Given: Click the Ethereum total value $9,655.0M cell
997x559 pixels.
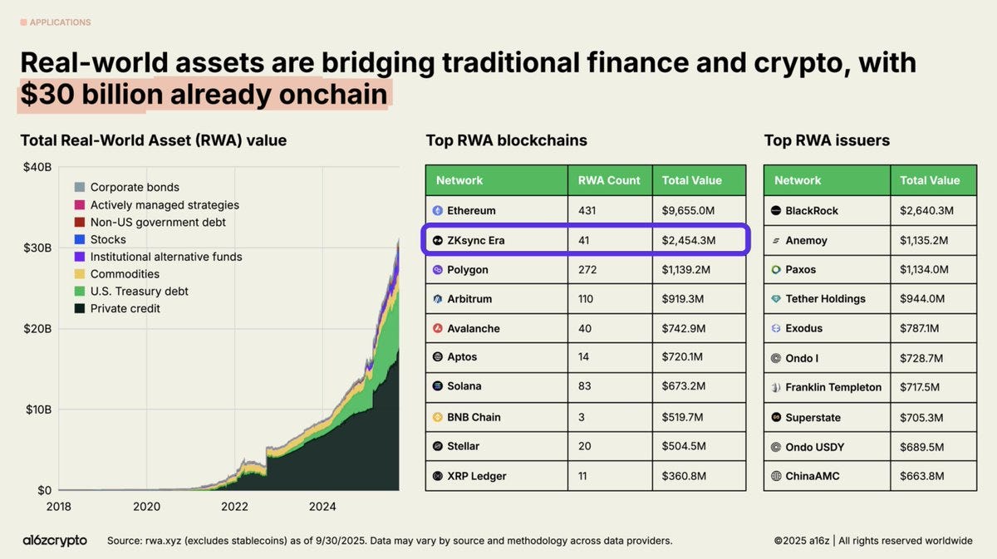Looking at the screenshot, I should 687,211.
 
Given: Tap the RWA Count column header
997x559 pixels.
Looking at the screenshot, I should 609,180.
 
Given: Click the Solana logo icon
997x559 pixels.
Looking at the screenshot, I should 439,386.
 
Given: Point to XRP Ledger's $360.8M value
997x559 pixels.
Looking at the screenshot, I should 684,476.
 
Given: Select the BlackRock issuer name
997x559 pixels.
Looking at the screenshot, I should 812,211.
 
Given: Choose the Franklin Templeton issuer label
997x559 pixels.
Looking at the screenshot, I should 833,387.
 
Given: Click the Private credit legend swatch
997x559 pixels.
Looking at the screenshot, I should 80,309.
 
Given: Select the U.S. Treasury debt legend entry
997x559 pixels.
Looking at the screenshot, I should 139,292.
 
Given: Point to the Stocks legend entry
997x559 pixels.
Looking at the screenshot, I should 108,239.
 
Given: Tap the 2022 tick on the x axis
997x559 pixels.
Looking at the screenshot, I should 235,506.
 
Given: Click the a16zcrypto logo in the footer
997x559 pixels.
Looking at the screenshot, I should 55,541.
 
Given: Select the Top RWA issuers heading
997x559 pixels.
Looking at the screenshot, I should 827,140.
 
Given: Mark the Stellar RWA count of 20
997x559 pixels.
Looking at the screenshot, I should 585,446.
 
